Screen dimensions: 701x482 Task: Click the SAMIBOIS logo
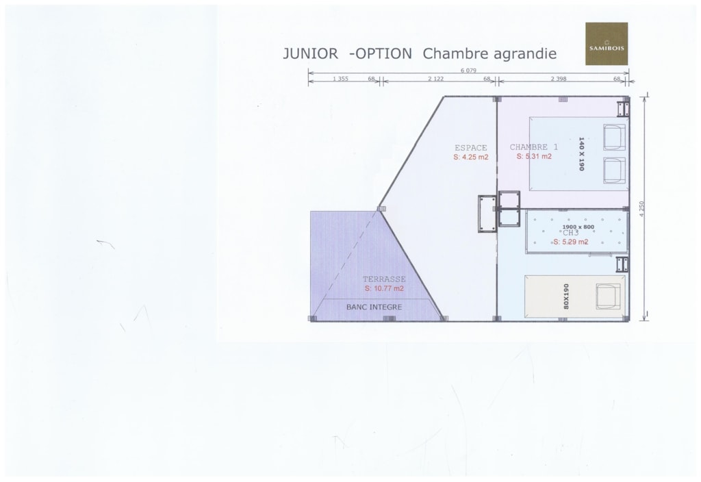pyautogui.click(x=607, y=44)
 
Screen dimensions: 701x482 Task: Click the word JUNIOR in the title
pyautogui.click(x=310, y=53)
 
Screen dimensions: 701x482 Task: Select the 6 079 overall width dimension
pyautogui.click(x=468, y=71)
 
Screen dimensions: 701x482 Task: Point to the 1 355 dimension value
pyautogui.click(x=341, y=79)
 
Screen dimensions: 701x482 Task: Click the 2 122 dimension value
pyautogui.click(x=436, y=79)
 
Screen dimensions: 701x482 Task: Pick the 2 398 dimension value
pyautogui.click(x=559, y=79)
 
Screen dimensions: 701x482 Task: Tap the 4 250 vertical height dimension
pyautogui.click(x=642, y=209)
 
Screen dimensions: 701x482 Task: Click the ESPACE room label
pyautogui.click(x=471, y=148)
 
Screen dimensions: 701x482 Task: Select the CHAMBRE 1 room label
pyautogui.click(x=534, y=147)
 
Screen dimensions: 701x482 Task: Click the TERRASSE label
pyautogui.click(x=384, y=279)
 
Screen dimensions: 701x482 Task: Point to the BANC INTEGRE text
pyautogui.click(x=374, y=307)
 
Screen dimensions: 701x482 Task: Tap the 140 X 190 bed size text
pyautogui.click(x=581, y=154)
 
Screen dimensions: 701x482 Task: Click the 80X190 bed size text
pyautogui.click(x=566, y=296)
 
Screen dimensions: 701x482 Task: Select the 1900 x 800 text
pyautogui.click(x=578, y=227)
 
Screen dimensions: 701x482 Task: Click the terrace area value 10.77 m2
pyautogui.click(x=384, y=288)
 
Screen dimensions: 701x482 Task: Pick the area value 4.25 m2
pyautogui.click(x=471, y=157)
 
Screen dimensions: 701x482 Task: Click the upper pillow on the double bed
pyautogui.click(x=614, y=137)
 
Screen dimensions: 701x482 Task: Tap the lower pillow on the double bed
pyautogui.click(x=614, y=170)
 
